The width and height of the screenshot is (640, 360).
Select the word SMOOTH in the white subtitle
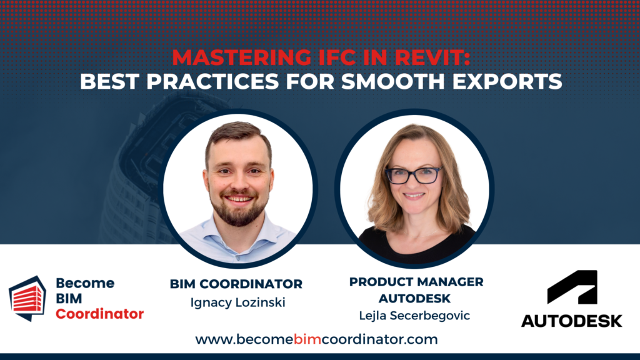(392, 81)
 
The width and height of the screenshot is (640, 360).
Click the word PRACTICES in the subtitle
(212, 81)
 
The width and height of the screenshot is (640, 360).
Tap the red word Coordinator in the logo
(99, 314)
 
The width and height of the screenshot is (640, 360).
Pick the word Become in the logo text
(85, 283)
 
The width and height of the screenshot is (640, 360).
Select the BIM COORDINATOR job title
(236, 284)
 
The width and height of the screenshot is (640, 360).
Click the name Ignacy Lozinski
(237, 302)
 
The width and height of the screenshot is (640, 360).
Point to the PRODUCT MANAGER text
(416, 282)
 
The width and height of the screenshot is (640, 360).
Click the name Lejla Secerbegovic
(414, 316)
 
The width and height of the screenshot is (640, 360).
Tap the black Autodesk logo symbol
(572, 286)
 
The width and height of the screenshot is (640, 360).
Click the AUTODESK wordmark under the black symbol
(571, 321)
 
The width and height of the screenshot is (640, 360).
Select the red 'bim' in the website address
(304, 339)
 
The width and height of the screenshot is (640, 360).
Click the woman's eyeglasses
(414, 176)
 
